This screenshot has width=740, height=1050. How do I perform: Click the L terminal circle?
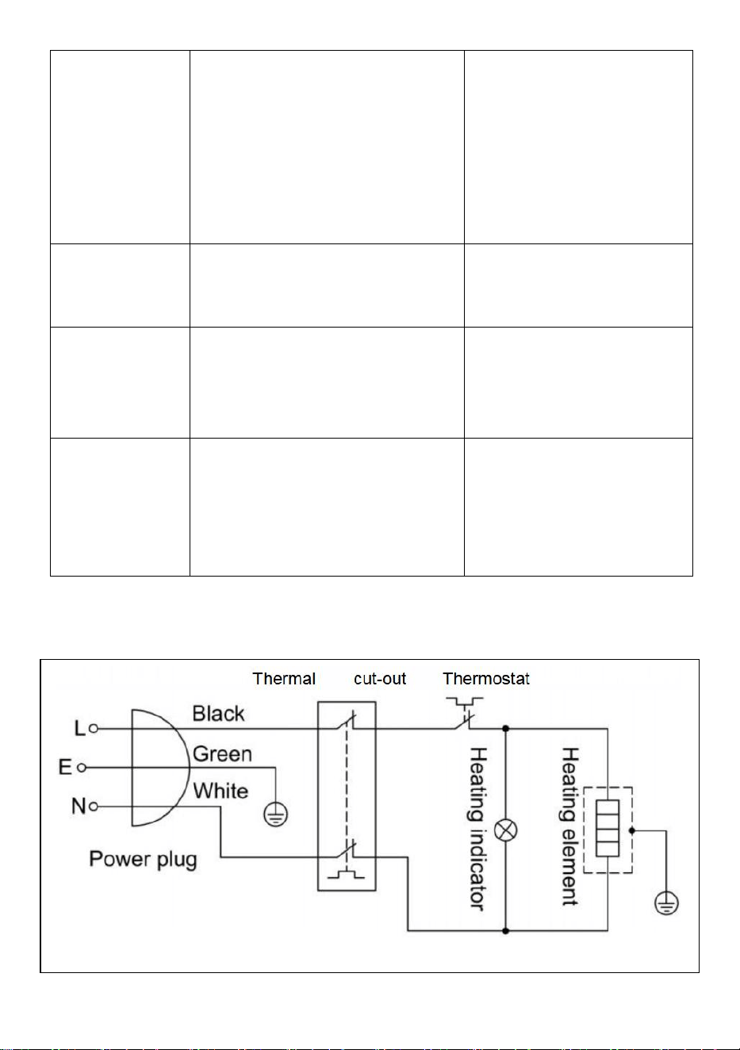tap(94, 729)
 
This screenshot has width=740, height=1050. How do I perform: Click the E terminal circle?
tap(82, 768)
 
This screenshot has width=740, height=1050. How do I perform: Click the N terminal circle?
tap(94, 807)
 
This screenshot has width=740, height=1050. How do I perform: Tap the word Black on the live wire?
tap(218, 714)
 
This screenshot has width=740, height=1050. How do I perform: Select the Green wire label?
tap(222, 754)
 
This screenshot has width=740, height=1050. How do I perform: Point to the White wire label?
tap(220, 791)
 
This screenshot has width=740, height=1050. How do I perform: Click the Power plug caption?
tap(143, 860)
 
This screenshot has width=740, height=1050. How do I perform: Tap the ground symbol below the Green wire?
tap(276, 814)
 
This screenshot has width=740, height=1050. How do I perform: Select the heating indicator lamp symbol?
tap(506, 830)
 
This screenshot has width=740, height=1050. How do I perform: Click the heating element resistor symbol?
tap(608, 828)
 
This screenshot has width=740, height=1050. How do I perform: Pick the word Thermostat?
tap(486, 679)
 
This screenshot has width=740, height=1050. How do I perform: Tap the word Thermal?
tap(284, 679)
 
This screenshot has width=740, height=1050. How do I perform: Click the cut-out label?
tap(380, 679)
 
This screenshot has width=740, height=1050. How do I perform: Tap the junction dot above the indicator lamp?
tap(505, 729)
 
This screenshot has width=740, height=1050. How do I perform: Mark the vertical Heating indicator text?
tap(477, 828)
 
